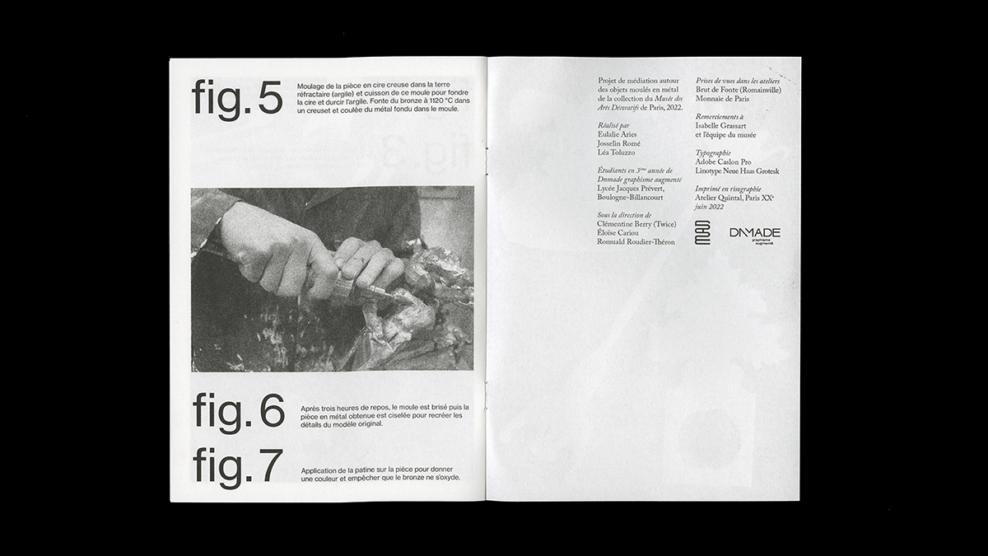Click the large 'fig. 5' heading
237,99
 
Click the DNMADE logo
754,234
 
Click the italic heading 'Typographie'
714,153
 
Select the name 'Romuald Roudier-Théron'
636,242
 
